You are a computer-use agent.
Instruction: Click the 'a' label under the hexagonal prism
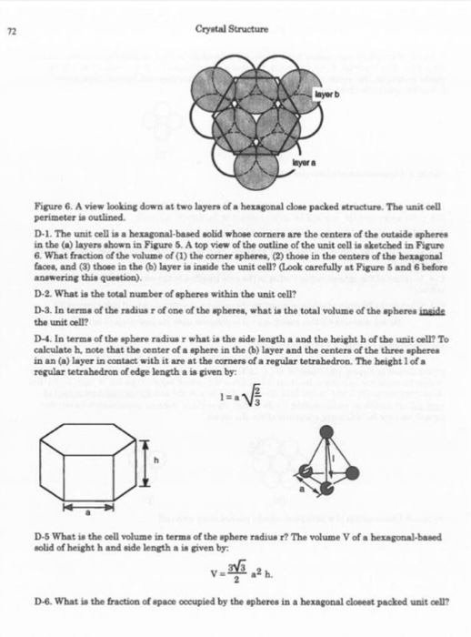[x=89, y=515]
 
